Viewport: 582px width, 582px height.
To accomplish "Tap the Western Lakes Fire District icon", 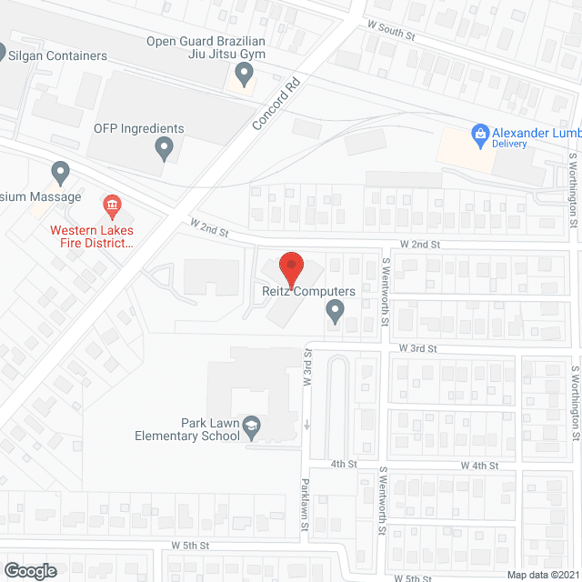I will click(x=113, y=203).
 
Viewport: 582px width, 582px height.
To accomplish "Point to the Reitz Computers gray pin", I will click(x=335, y=312).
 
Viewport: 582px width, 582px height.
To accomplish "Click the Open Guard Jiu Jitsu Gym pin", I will click(x=244, y=72).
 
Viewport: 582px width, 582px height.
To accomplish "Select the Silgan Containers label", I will click(x=56, y=55).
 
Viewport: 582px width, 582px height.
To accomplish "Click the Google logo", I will click(x=29, y=570).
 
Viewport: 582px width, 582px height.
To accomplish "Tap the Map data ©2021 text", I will click(x=543, y=575).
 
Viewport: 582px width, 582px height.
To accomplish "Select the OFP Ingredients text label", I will click(x=139, y=128).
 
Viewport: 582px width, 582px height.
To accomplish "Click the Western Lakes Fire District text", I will click(x=92, y=236).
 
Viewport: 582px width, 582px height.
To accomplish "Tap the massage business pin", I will click(x=61, y=171).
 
